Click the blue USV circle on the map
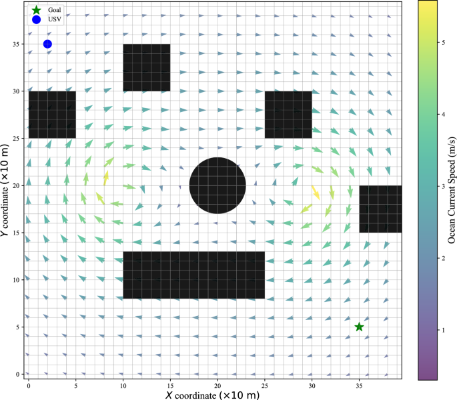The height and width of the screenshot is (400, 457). (x=47, y=44)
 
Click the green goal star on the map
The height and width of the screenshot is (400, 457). (x=359, y=327)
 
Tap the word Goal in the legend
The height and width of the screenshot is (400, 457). (x=55, y=10)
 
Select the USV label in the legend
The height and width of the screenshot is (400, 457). (x=55, y=19)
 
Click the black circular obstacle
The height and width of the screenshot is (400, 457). (x=217, y=185)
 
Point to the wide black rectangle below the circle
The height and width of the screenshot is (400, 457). (x=194, y=275)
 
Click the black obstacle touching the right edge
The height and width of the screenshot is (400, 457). (x=380, y=209)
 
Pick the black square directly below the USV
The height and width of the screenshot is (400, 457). (x=52, y=115)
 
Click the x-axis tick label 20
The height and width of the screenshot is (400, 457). (x=217, y=386)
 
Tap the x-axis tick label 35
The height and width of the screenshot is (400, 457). (x=359, y=386)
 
